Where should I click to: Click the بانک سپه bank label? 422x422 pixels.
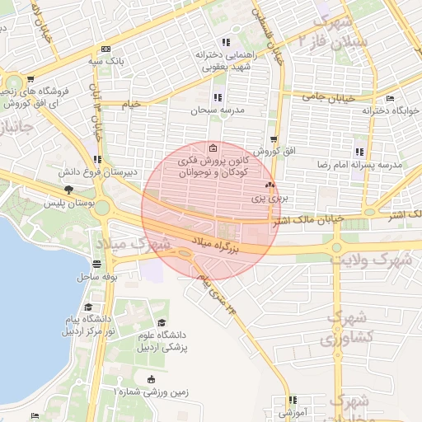point(108,61)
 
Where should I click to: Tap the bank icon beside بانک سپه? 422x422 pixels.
point(105,49)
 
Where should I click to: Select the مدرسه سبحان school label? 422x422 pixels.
point(218,110)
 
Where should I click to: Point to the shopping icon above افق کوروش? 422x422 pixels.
point(274,140)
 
